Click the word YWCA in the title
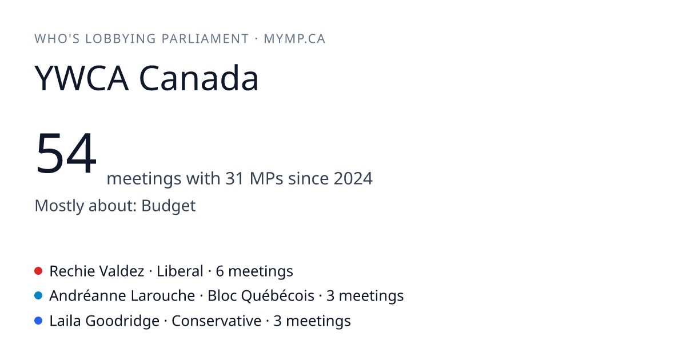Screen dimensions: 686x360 [81, 78]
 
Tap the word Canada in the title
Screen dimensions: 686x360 [199, 78]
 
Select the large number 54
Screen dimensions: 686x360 [66, 153]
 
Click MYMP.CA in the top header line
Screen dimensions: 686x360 [294, 39]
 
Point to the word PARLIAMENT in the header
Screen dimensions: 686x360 [205, 39]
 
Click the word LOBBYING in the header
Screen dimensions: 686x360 [121, 39]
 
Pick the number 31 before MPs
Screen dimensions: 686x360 [234, 178]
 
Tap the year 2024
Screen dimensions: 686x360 [353, 178]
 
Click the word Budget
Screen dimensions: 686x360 [169, 206]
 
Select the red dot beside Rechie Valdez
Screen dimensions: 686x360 [38, 271]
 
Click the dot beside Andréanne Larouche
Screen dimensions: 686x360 [38, 296]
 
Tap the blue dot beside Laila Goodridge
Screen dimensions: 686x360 [38, 321]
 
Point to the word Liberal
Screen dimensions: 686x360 [180, 271]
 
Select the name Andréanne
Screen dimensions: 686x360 [87, 296]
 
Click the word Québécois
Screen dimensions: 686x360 [277, 296]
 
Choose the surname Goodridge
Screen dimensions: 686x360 [122, 321]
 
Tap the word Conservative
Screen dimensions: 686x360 [217, 321]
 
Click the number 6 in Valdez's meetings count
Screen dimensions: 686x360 [220, 271]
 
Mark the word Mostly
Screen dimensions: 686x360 [59, 206]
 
